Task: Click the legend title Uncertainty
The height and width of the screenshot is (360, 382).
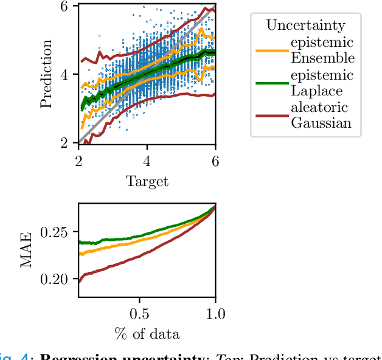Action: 305,26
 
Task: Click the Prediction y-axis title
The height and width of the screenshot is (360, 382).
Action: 46,74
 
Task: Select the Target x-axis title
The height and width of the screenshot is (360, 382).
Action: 147,181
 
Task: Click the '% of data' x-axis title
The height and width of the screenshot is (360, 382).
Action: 147,334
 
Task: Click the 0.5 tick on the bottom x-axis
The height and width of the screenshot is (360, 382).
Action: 139,313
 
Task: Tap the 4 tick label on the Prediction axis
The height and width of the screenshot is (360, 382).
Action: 66,74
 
